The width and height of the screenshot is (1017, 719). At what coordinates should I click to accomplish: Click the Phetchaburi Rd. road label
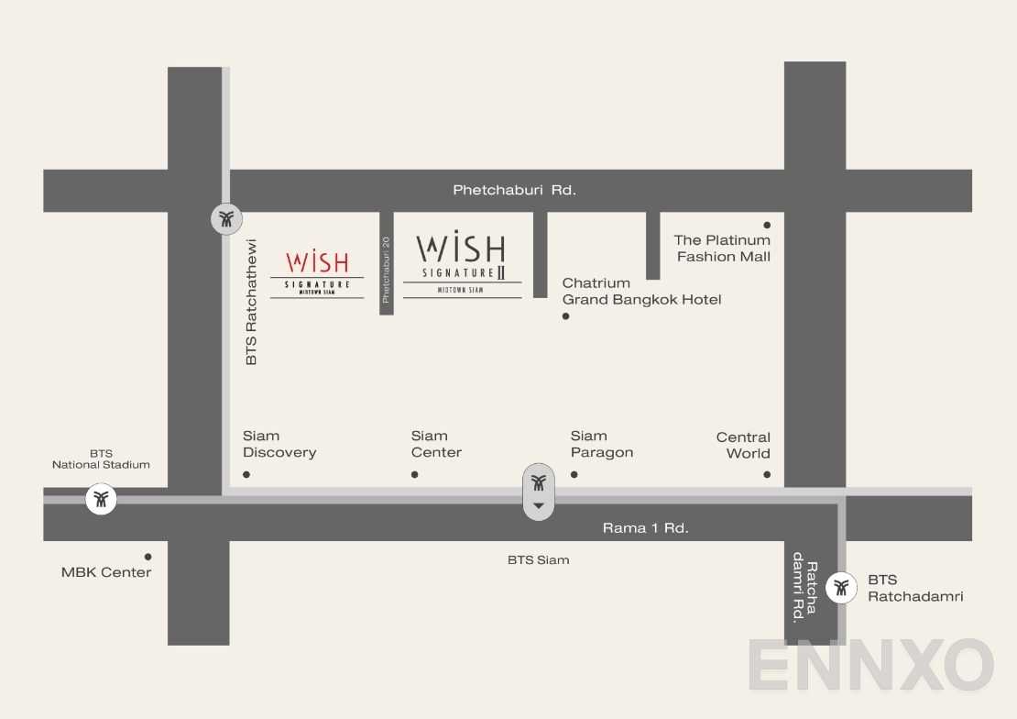(514, 190)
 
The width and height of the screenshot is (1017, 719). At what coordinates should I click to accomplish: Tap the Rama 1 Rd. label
(645, 527)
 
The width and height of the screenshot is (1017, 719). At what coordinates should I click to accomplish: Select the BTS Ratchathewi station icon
(226, 218)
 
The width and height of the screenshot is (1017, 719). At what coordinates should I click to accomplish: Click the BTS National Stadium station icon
(102, 500)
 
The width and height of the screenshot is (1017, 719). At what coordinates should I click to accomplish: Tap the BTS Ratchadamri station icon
(841, 588)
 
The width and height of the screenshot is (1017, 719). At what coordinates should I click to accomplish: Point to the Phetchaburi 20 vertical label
(387, 270)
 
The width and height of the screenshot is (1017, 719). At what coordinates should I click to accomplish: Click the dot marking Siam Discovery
(246, 474)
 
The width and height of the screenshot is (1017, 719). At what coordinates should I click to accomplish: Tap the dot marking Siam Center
(415, 474)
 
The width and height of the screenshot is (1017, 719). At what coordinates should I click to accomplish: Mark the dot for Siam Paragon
(574, 474)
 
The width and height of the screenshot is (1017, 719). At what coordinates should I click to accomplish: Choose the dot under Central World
(767, 474)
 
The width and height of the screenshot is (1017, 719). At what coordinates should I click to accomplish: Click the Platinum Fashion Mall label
(723, 249)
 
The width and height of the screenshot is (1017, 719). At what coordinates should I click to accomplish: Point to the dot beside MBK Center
(148, 557)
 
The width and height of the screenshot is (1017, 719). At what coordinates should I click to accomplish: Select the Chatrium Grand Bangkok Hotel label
(641, 292)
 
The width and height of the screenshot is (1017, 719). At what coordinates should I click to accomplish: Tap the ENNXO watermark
(870, 666)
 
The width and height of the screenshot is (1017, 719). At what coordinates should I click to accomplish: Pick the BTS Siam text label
(538, 559)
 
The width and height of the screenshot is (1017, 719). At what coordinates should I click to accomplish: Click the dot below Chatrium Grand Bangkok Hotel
(565, 316)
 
